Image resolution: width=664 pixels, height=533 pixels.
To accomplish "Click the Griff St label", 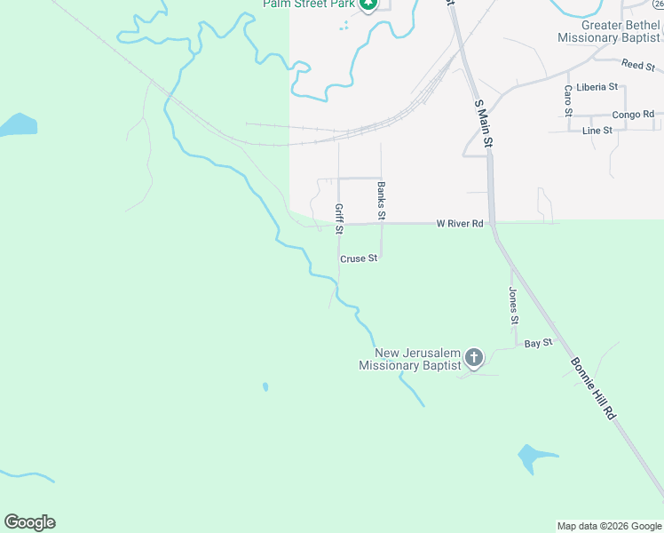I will (x=339, y=219).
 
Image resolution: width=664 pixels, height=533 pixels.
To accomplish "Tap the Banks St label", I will (x=381, y=201).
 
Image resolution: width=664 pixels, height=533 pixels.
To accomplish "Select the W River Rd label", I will (x=459, y=224).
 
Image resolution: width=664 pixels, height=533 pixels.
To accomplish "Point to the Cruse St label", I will (x=359, y=259).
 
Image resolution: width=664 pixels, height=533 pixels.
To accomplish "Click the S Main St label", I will (x=482, y=123).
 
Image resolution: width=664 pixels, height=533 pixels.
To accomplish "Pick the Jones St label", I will (x=513, y=305).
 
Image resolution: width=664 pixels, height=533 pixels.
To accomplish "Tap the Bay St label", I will (x=538, y=343).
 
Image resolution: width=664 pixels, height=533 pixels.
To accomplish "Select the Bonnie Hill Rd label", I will (x=593, y=378).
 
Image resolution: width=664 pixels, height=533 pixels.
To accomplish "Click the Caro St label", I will (x=568, y=99).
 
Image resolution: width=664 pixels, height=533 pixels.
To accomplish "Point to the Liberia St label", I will (x=597, y=87).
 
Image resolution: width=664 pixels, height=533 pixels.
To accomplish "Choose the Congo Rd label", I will (x=634, y=115).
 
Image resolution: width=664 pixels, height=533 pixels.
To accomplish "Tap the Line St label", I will (x=597, y=131).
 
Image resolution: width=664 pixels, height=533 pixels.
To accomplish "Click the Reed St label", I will (x=637, y=65).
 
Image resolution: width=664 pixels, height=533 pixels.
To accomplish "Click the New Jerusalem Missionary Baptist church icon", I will (x=474, y=358).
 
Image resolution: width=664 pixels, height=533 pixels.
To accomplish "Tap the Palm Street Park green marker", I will (x=369, y=4).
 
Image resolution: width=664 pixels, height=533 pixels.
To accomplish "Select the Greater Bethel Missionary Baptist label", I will (x=609, y=31).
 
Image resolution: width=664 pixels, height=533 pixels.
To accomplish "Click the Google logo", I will (x=29, y=522).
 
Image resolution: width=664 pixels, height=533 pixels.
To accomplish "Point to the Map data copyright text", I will (x=609, y=526).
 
